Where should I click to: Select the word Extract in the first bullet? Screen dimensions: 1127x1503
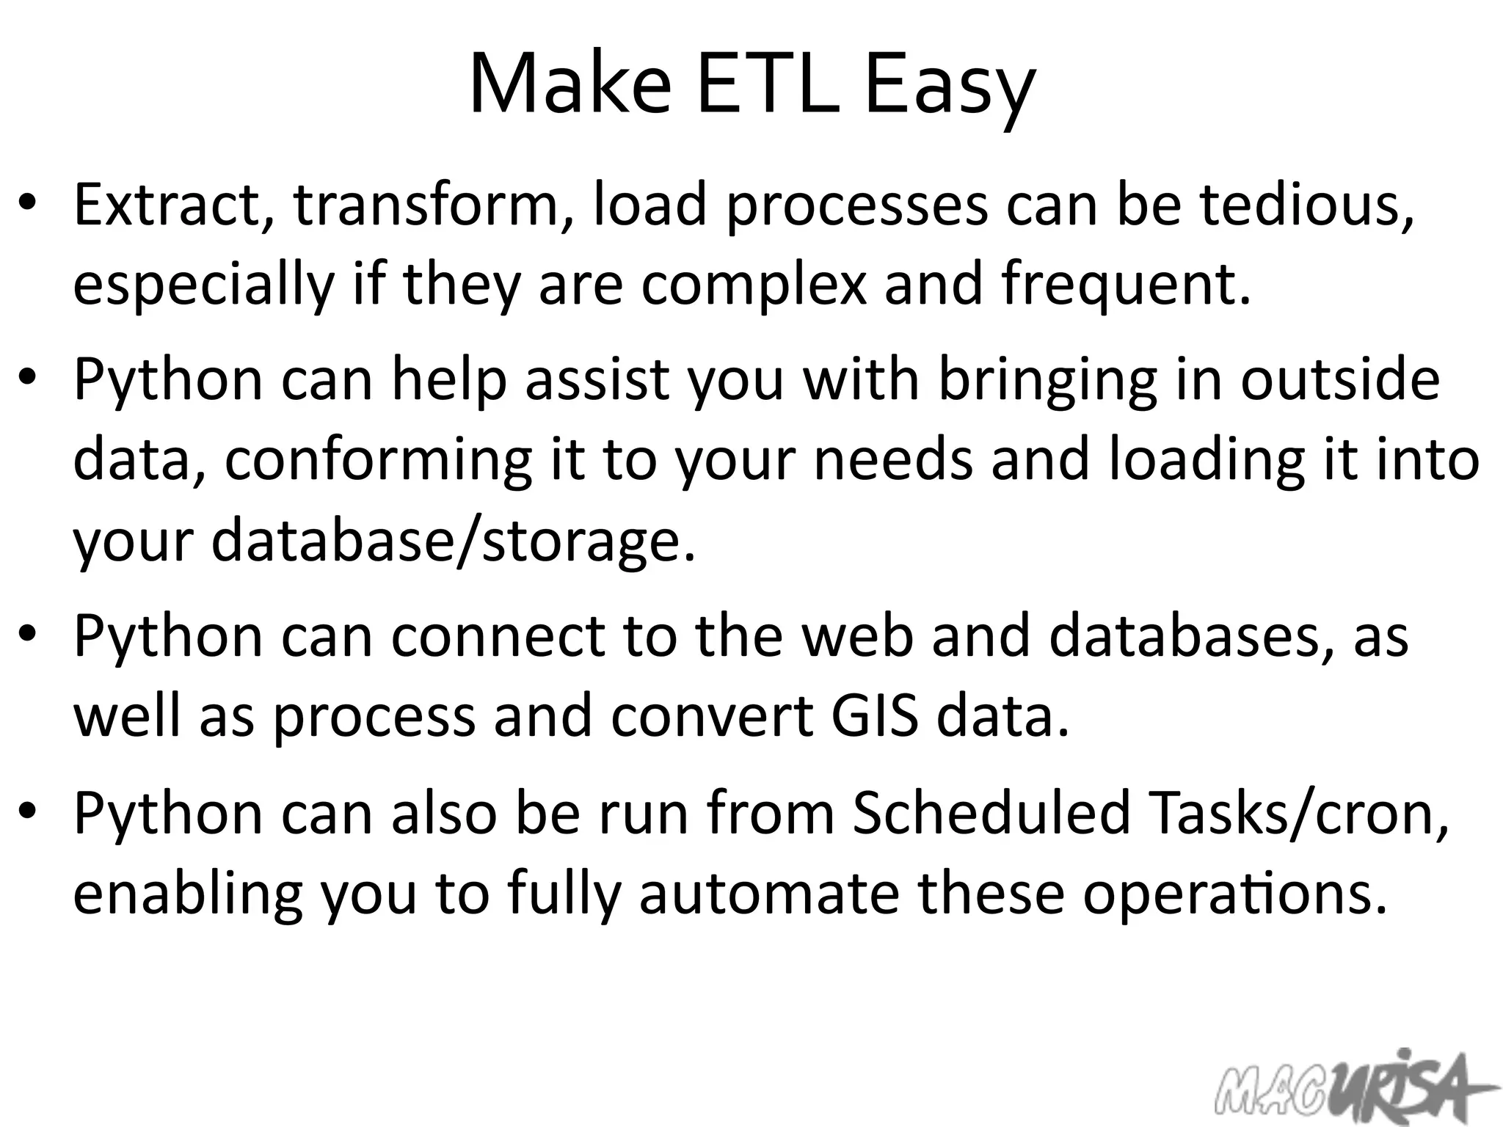(x=168, y=205)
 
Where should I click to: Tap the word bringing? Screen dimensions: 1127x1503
(x=1048, y=382)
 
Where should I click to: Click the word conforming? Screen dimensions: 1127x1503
(x=378, y=463)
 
